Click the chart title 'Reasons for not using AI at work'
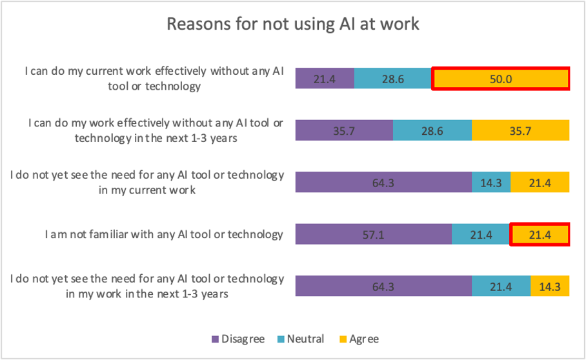[x=293, y=25]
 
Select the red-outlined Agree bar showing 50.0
[x=500, y=79]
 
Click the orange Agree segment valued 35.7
[x=520, y=130]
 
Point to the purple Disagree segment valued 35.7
[x=344, y=130]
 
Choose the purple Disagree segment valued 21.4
[x=325, y=79]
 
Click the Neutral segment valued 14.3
[x=491, y=183]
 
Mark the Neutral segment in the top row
[x=392, y=79]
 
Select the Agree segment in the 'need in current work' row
[x=540, y=183]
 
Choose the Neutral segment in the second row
[x=432, y=130]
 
